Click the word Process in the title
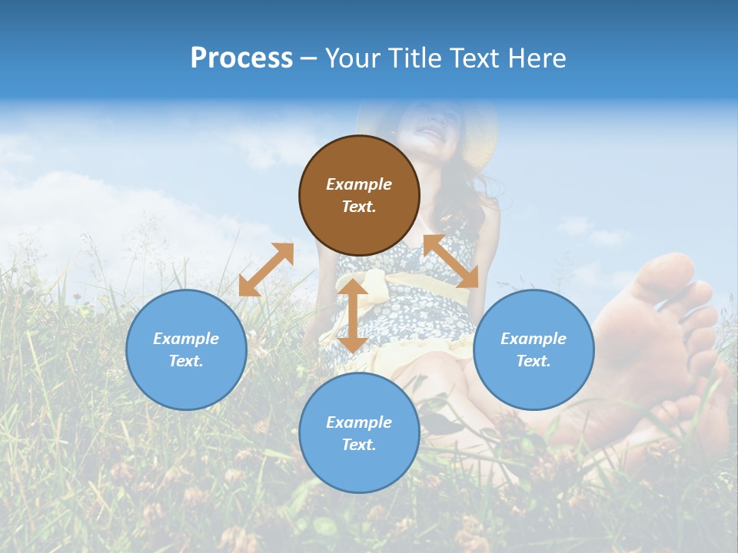click(x=241, y=58)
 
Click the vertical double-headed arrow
click(x=353, y=316)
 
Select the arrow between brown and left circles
click(x=266, y=270)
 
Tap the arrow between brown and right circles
click(x=451, y=261)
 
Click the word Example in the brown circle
click(x=359, y=184)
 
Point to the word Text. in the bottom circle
click(x=359, y=445)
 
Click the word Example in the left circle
click(x=186, y=339)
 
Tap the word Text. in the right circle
click(x=534, y=361)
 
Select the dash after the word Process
click(x=308, y=59)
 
